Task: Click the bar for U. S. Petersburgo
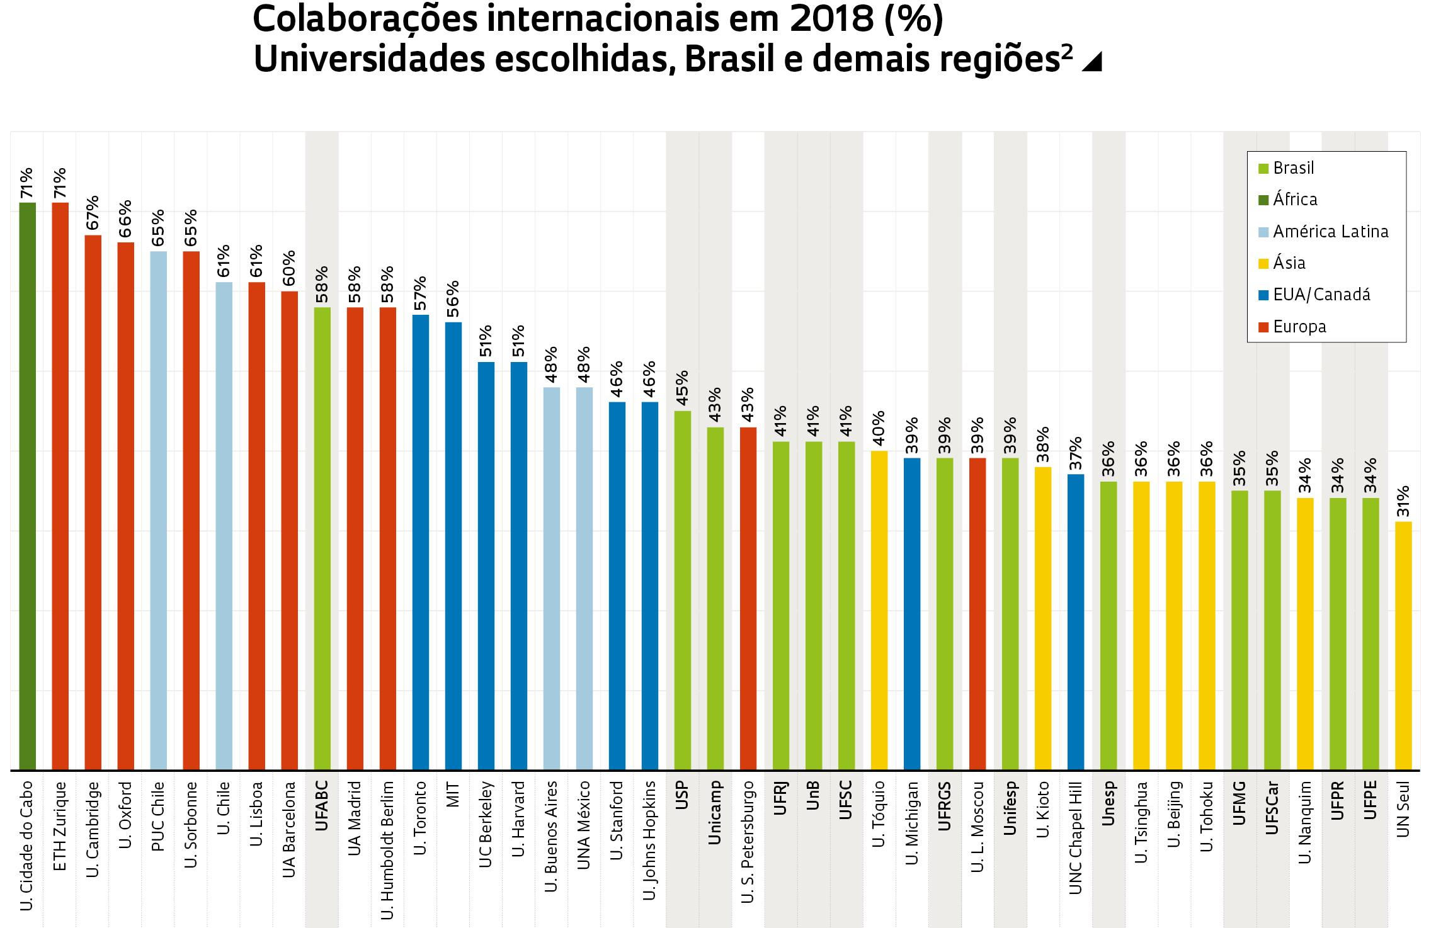tap(748, 598)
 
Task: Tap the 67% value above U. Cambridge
tap(93, 213)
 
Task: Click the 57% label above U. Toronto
tap(420, 293)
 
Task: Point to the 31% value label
tap(1403, 501)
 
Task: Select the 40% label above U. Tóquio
tap(879, 428)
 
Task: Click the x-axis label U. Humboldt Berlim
tap(387, 850)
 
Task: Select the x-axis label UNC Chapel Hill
tap(1075, 837)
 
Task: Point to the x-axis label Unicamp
tap(715, 812)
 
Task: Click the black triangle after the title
tap(1093, 62)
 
